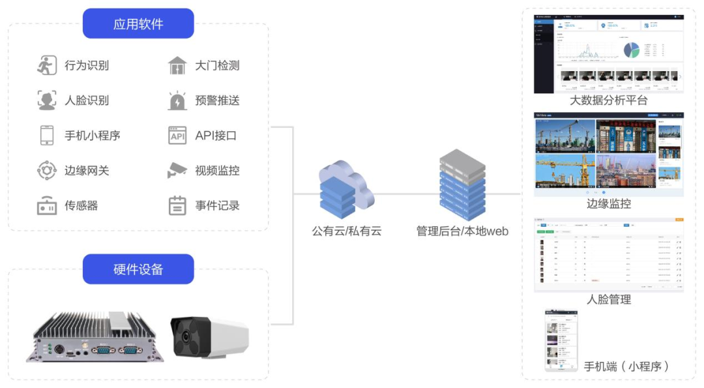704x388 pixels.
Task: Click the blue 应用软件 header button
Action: click(138, 24)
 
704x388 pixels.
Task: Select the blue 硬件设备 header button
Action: click(138, 269)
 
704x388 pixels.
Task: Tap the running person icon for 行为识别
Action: click(46, 65)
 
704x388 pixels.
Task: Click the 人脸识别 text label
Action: click(87, 100)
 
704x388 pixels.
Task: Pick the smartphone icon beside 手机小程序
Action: click(46, 136)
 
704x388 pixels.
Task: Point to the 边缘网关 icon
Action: click(46, 171)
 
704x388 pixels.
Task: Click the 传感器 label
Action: click(81, 206)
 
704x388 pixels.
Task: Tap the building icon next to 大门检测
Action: click(177, 65)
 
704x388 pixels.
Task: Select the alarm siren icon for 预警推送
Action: click(177, 100)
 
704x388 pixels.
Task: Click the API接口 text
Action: click(216, 136)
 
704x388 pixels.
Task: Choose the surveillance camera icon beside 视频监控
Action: click(177, 171)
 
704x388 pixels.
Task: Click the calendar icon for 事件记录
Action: click(177, 206)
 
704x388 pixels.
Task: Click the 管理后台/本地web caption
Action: click(462, 231)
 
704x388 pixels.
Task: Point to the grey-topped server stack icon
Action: click(462, 184)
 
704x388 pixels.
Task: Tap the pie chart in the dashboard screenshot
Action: click(632, 50)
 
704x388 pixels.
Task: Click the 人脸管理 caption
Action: click(609, 300)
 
